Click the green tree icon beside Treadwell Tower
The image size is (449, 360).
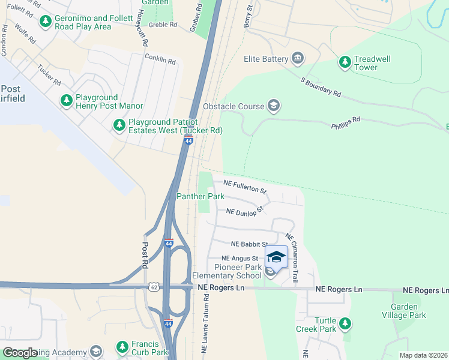345,62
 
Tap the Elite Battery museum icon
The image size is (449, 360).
297,59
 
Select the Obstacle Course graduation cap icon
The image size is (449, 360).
274,106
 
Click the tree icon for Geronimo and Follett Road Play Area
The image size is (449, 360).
45,22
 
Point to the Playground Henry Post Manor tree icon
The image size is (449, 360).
66,101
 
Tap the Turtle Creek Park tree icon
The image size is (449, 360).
345,323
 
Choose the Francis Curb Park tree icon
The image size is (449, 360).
122,347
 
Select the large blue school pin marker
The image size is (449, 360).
276,257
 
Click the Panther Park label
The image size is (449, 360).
200,196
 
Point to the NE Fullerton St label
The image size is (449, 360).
245,186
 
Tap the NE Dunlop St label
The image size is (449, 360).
245,211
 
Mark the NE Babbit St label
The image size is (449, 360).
249,244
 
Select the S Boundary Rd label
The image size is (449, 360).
321,88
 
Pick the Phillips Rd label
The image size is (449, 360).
345,123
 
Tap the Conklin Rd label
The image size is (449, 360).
160,59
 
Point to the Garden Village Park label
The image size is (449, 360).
404,311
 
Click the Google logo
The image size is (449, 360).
20,352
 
